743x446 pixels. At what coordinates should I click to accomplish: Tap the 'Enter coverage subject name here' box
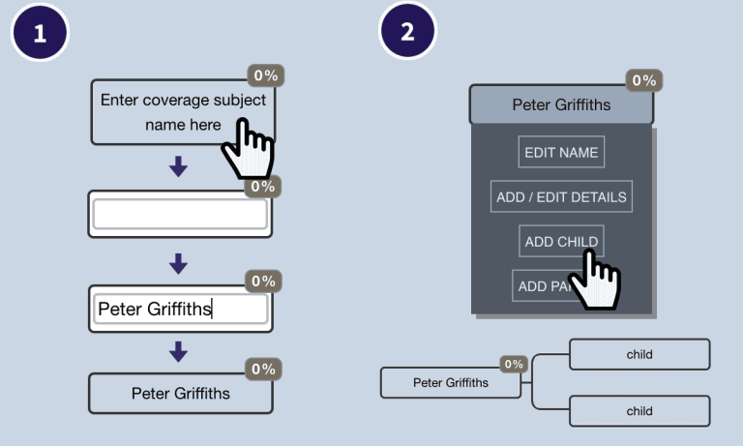164,111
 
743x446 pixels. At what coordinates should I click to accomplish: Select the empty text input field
180,215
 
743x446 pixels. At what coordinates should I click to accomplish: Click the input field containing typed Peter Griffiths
180,310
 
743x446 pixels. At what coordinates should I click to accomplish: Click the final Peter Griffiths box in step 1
181,394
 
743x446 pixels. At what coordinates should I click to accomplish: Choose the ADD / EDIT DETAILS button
561,196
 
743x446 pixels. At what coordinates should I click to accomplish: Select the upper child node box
639,354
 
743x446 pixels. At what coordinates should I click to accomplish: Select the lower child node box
639,411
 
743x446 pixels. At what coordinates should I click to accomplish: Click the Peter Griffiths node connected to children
450,382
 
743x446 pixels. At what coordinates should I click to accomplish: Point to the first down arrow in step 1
178,167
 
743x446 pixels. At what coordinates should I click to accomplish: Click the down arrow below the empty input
178,262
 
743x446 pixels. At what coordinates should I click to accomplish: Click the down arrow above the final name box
178,353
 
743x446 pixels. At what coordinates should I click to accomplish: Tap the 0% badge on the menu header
642,80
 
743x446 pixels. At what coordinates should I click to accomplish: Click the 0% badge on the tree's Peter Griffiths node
514,364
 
